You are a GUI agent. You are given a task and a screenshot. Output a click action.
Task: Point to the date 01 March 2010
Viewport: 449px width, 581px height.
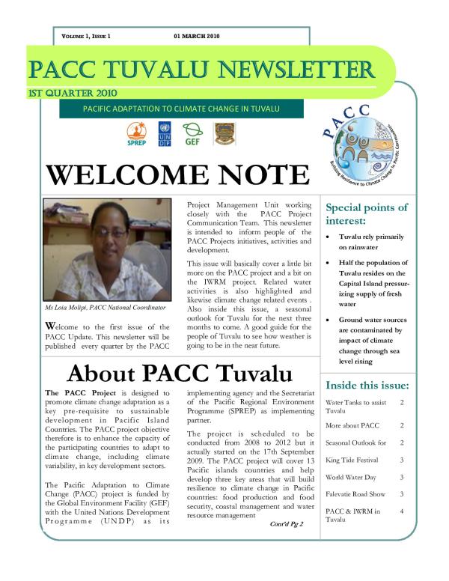[x=197, y=36]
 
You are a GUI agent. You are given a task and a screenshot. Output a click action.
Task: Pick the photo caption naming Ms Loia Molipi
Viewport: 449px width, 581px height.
[x=106, y=307]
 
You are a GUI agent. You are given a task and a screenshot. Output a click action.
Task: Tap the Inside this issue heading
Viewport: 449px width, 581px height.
[x=367, y=386]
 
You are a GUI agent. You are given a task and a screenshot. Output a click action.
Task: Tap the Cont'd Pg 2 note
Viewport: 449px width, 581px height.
[x=287, y=523]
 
